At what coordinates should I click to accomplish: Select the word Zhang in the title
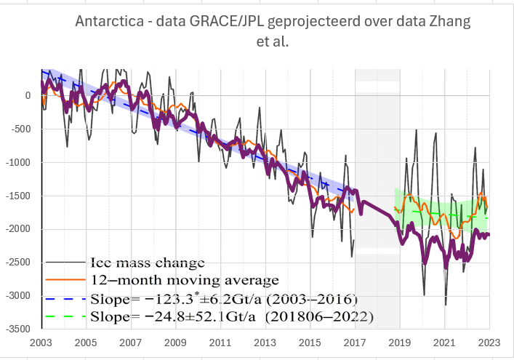point(449,21)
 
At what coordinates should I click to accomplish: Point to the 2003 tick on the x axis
point(42,341)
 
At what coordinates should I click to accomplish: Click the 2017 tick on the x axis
point(354,341)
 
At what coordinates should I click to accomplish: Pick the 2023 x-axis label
point(489,341)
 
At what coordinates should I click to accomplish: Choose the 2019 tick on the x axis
point(399,341)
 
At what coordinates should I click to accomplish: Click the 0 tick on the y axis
point(27,95)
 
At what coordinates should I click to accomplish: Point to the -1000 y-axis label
point(17,162)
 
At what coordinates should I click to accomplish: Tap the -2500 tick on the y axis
point(17,263)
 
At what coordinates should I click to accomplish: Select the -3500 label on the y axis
point(17,329)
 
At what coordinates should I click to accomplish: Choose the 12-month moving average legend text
point(185,279)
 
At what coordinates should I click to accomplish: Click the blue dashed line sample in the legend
point(66,298)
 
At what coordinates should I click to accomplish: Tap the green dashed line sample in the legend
point(66,316)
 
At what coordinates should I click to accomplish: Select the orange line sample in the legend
point(66,279)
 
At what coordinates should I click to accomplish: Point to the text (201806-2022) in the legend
point(331,316)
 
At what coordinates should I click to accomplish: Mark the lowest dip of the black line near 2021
point(446,305)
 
